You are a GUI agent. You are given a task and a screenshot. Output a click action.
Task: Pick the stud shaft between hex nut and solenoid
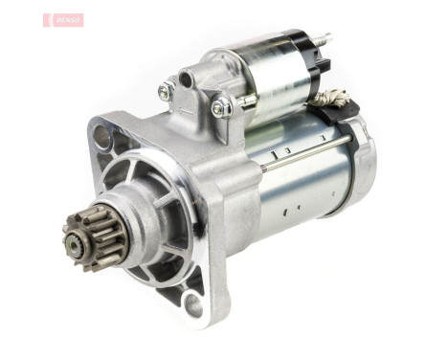[239, 100]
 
